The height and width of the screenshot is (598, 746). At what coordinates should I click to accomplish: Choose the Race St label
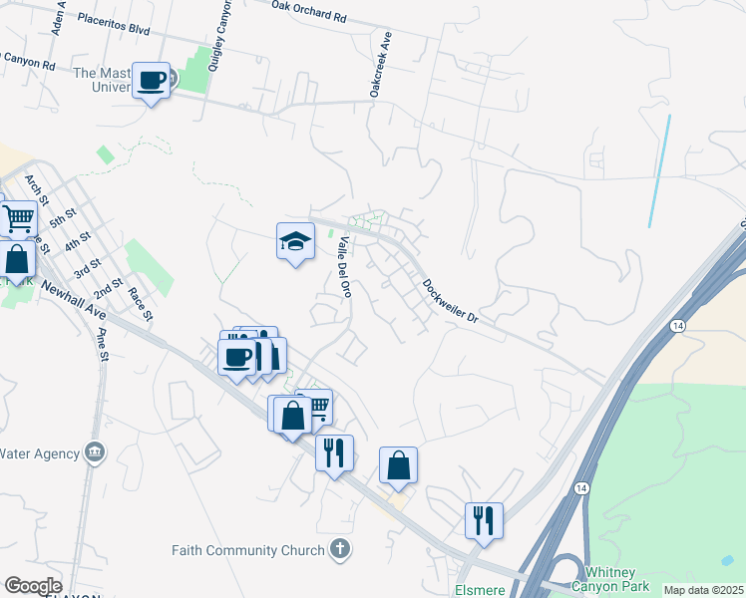pyautogui.click(x=141, y=303)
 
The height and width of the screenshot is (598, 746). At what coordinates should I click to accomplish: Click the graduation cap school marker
pyautogui.click(x=295, y=241)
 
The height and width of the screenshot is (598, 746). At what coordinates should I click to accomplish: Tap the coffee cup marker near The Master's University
pyautogui.click(x=152, y=79)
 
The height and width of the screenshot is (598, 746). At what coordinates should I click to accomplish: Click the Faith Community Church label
pyautogui.click(x=248, y=550)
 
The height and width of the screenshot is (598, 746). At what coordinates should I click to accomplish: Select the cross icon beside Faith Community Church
pyautogui.click(x=340, y=549)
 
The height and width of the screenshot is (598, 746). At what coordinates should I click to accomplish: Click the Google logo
pyautogui.click(x=33, y=586)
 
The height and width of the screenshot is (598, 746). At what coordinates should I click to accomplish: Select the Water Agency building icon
pyautogui.click(x=94, y=452)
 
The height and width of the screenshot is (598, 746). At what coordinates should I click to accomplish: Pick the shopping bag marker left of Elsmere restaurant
pyautogui.click(x=398, y=464)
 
